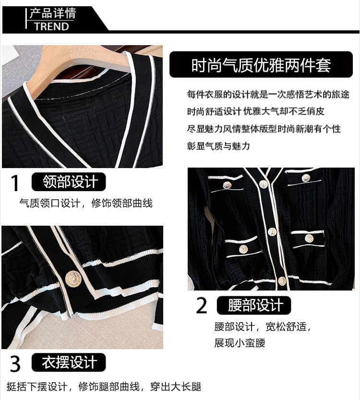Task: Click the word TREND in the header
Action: pyautogui.click(x=52, y=26)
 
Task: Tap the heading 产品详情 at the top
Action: pyautogui.click(x=53, y=13)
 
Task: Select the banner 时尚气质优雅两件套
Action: pyautogui.click(x=261, y=65)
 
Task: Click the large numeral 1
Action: pyautogui.click(x=15, y=183)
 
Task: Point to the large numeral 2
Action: pyautogui.click(x=202, y=305)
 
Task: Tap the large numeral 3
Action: pyautogui.click(x=15, y=364)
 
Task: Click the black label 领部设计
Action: pyautogui.click(x=69, y=182)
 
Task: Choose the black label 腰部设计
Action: pyautogui.click(x=254, y=305)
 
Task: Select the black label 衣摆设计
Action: pyautogui.click(x=69, y=362)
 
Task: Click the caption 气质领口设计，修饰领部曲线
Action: pyautogui.click(x=86, y=203)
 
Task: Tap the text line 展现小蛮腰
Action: pyautogui.click(x=240, y=342)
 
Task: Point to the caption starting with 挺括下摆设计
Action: pyautogui.click(x=104, y=387)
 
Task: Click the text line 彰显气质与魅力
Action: pyautogui.click(x=218, y=146)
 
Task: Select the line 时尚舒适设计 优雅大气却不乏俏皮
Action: pyautogui.click(x=255, y=111)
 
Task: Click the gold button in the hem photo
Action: pyautogui.click(x=73, y=279)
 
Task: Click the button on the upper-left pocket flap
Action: pyautogui.click(x=227, y=185)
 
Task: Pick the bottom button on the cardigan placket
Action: pyautogui.click(x=282, y=281)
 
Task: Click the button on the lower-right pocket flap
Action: pyautogui.click(x=309, y=238)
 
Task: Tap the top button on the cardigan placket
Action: pyautogui.click(x=263, y=184)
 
